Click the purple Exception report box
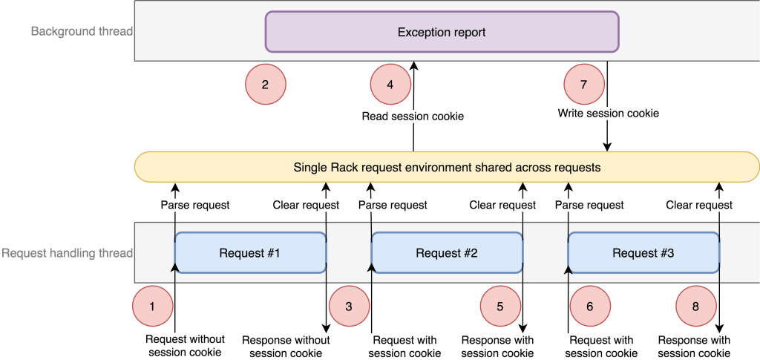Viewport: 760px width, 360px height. (442, 32)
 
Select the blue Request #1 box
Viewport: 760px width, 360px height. (250, 253)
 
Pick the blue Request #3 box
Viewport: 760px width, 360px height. (643, 253)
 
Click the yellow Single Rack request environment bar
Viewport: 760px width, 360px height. (447, 168)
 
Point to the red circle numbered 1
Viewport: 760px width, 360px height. (152, 305)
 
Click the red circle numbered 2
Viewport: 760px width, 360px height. (265, 84)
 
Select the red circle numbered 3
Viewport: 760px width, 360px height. (349, 305)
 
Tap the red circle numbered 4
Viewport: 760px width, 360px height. (390, 84)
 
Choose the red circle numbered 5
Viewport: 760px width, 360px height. (500, 305)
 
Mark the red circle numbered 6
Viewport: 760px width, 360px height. (590, 305)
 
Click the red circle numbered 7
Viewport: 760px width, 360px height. (584, 84)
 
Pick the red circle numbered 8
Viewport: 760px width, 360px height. (697, 305)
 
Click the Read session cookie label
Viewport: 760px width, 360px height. (413, 116)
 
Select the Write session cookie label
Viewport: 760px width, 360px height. (608, 114)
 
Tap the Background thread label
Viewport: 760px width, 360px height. (82, 31)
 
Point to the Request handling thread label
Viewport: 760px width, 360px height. (68, 253)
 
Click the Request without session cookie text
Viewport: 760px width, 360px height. (185, 346)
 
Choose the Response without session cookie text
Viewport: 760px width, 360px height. (286, 346)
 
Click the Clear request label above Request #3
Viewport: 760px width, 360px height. (698, 205)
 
